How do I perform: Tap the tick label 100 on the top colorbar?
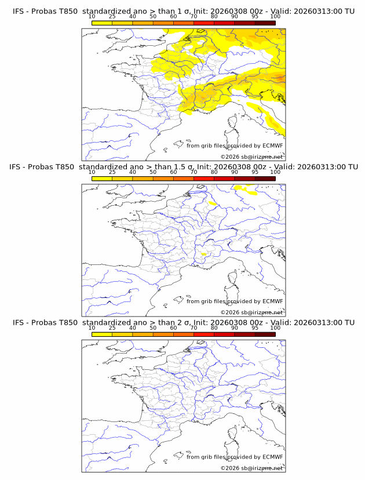click(x=275, y=16)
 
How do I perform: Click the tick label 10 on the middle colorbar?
click(x=92, y=172)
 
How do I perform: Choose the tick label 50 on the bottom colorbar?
click(x=153, y=328)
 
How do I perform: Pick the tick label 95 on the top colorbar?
click(x=255, y=16)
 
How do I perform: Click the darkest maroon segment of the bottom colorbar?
click(x=265, y=334)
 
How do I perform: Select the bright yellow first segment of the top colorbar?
click(x=101, y=23)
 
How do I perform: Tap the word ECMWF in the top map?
click(x=272, y=146)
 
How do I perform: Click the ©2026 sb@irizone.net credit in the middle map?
click(x=251, y=312)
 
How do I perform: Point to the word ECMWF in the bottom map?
click(x=272, y=457)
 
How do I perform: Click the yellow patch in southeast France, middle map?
click(x=203, y=254)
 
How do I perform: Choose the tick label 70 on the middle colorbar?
click(x=194, y=172)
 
